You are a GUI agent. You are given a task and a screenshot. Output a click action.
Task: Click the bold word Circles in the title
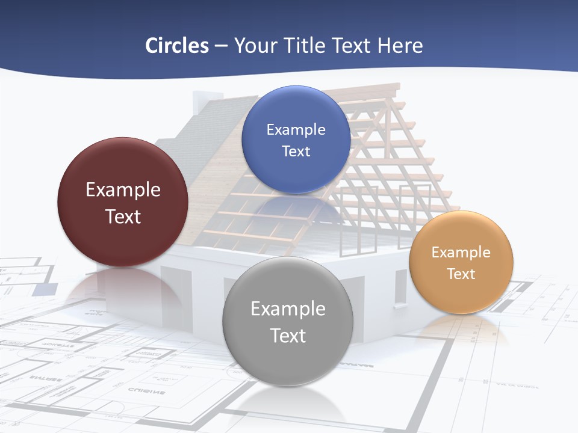176,46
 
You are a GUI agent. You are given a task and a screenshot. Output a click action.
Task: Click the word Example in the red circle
123,190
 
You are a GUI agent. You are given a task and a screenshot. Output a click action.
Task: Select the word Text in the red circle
123,216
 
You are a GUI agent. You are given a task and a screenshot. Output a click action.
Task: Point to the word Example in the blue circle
296,130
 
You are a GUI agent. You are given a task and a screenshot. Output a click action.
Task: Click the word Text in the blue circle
296,152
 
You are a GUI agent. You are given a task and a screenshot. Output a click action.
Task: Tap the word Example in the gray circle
288,309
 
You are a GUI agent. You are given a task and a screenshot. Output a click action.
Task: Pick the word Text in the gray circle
288,336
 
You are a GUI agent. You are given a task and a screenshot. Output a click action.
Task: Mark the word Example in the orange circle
461,253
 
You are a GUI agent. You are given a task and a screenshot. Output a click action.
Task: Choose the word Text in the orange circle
461,274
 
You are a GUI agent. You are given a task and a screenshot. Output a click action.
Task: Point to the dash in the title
221,46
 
